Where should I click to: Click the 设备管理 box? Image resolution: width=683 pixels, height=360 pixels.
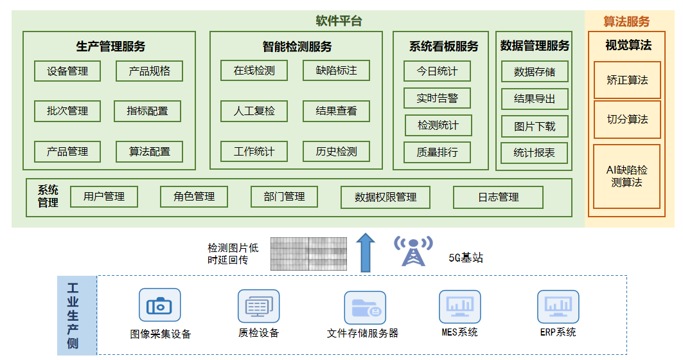tap(67, 71)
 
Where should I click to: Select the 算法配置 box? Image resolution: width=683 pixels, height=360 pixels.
tap(150, 152)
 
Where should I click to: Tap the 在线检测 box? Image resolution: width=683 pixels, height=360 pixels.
tap(254, 71)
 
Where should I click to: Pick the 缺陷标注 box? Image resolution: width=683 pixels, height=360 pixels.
tap(336, 71)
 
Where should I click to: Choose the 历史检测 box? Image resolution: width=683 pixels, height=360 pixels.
tap(336, 152)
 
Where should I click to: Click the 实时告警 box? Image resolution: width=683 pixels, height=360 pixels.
tap(438, 98)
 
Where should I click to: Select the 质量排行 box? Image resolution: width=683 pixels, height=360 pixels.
tap(438, 152)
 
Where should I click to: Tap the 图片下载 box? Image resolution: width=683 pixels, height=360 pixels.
tap(535, 127)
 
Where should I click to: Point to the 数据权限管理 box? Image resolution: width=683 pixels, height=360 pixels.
tap(386, 197)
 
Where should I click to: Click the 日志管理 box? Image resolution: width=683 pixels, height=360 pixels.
tap(499, 197)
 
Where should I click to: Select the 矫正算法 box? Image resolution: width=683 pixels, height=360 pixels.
tap(627, 80)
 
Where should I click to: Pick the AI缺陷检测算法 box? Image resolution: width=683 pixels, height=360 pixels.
tap(627, 177)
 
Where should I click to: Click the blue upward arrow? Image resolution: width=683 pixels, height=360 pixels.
tap(366, 253)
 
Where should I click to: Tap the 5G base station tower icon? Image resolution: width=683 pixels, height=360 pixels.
tap(413, 251)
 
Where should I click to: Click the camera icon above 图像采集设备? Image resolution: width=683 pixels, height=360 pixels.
tap(159, 305)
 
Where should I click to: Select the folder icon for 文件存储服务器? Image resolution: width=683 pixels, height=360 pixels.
tap(365, 308)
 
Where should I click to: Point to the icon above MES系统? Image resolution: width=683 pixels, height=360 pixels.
tap(460, 307)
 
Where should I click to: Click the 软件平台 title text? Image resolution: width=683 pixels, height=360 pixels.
tap(339, 21)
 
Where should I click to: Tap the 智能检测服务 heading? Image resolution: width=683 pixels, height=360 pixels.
tap(297, 47)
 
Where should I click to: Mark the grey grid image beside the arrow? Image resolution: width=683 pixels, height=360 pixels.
tap(309, 254)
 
